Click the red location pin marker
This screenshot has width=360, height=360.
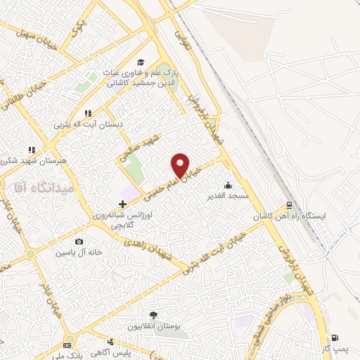point(181,165)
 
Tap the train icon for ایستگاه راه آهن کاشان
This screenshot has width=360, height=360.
point(288,207)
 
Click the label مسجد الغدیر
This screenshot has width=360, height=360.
point(227,195)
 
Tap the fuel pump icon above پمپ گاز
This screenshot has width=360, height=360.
point(335,338)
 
